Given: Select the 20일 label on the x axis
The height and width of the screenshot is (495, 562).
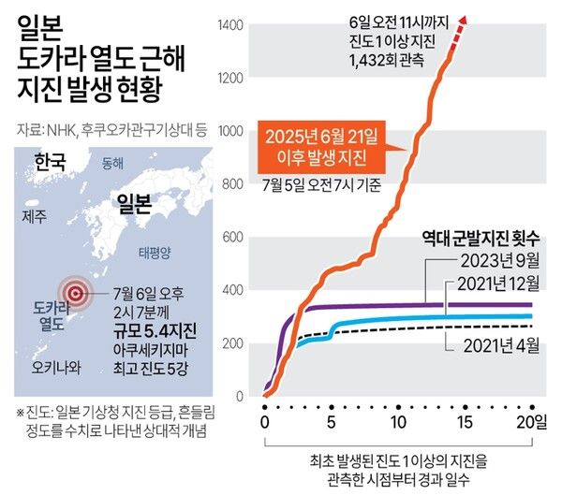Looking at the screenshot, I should [532, 421].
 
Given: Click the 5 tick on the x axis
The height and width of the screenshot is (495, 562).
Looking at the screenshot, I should [332, 421].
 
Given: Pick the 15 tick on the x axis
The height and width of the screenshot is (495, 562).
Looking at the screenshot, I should [466, 421].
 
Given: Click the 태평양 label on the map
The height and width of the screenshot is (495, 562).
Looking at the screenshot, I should [155, 253].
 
